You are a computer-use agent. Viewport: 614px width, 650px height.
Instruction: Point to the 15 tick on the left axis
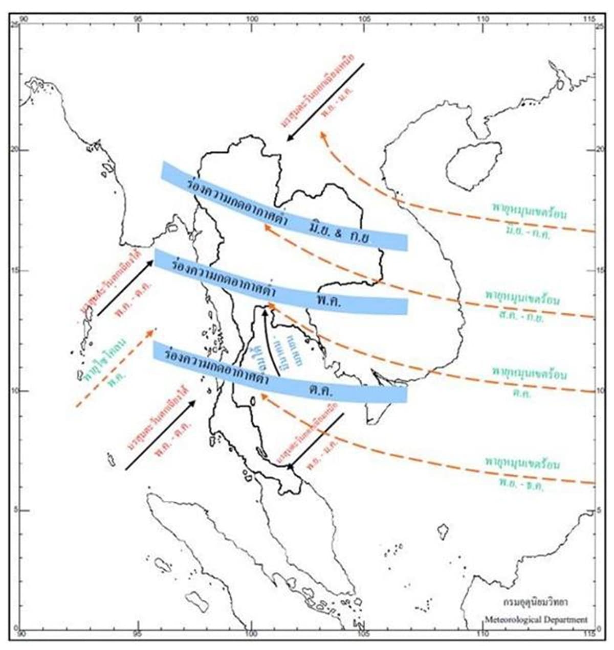pyautogui.click(x=15, y=270)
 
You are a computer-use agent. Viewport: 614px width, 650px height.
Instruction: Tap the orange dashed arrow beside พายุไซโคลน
pyautogui.click(x=115, y=367)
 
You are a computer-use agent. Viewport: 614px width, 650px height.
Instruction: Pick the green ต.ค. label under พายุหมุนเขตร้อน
pyautogui.click(x=521, y=394)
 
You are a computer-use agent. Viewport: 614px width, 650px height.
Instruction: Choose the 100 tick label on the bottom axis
pyautogui.click(x=251, y=634)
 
